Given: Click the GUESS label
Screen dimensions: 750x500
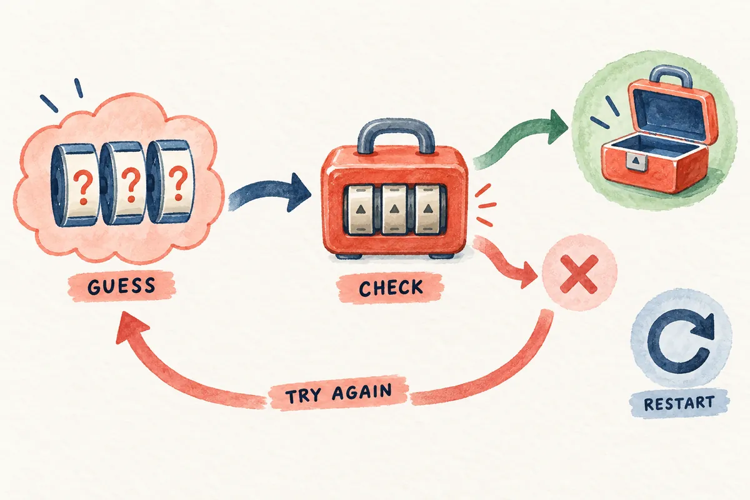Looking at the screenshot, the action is point(122,286).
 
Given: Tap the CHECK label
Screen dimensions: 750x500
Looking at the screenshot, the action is point(391,289).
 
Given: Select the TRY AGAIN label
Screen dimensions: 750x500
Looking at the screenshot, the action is point(339,393).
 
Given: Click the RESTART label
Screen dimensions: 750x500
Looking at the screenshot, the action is point(679,403).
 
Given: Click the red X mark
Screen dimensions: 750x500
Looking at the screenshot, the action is point(579,273).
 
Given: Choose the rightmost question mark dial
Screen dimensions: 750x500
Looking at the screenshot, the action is point(171,183).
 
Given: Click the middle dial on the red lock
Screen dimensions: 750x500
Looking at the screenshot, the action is point(394,209).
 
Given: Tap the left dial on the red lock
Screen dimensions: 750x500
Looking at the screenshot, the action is point(360,209).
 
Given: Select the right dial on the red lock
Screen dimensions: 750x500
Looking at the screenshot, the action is point(427,209).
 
